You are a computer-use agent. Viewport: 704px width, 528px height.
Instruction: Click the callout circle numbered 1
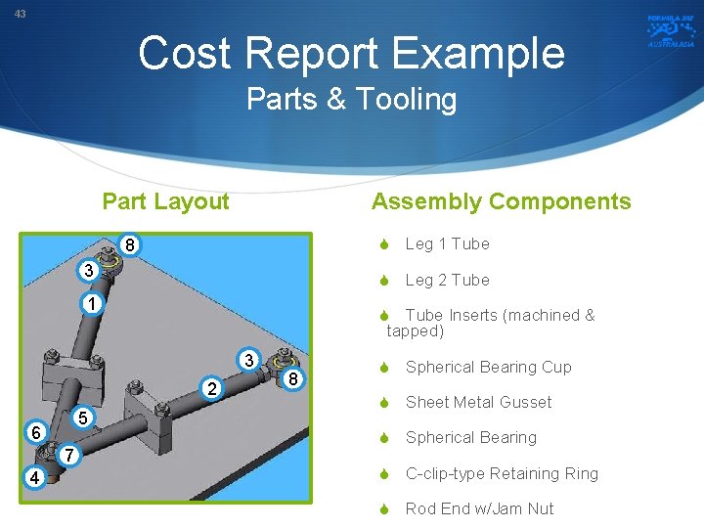(90, 305)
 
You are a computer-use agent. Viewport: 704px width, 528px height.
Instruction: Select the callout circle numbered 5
(84, 418)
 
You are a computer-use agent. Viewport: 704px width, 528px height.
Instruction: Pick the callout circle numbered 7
(67, 456)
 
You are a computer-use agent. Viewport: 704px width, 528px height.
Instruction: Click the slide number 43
(21, 14)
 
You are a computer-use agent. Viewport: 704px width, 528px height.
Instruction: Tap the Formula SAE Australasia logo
(670, 30)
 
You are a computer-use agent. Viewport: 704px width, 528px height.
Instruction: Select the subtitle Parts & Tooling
(352, 100)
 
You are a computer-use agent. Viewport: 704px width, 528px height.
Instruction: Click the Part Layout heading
(165, 202)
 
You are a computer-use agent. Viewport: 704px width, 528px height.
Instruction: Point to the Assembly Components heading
(501, 202)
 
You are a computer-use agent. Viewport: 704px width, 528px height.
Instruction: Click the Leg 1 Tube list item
(447, 244)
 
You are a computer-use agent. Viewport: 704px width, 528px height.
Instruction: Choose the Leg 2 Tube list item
(447, 281)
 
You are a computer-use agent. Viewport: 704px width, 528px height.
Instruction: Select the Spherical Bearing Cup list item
(488, 368)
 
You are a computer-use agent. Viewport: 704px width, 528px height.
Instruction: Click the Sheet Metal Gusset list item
(478, 403)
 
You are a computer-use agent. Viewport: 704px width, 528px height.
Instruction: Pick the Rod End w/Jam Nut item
(479, 509)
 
